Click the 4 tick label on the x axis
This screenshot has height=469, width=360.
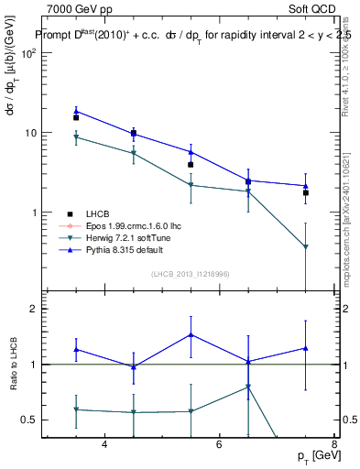point(104,444)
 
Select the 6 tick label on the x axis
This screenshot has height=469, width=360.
point(219,444)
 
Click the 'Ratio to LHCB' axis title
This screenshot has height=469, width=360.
point(26,364)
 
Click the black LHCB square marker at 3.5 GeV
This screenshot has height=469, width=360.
point(76,117)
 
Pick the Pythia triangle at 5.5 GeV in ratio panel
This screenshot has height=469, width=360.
point(191,334)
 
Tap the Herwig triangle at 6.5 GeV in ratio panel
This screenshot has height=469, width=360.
point(248,387)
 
